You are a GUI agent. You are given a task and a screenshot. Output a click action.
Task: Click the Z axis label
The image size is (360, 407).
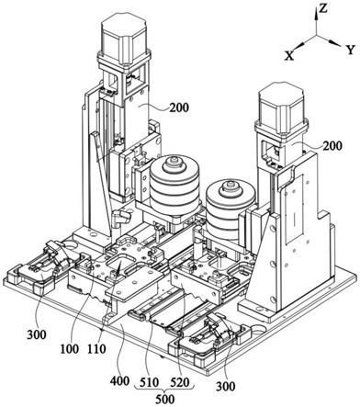pos(322,8)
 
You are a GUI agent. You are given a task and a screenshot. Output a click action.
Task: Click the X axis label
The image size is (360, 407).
pos(289,56)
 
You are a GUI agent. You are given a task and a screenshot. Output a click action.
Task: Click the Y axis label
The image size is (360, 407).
pos(351,50)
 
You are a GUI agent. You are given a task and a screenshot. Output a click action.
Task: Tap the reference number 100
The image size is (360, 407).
pos(69,349)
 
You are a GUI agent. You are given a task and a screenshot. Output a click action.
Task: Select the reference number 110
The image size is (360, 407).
pos(96,349)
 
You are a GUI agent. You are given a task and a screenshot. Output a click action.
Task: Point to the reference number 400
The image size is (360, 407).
pos(120,381)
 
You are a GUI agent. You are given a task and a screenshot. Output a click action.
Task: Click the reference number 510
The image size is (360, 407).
pos(149,382)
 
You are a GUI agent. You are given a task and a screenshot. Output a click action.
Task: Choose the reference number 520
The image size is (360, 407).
pos(180,382)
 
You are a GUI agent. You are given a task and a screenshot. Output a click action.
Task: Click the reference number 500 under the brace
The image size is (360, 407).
pos(165,400)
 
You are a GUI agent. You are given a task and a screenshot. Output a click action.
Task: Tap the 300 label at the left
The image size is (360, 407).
pos(37,334)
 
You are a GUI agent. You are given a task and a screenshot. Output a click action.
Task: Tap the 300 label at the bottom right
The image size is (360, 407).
pos(226,387)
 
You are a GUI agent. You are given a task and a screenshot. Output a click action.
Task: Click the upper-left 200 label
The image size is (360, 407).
pos(179,107)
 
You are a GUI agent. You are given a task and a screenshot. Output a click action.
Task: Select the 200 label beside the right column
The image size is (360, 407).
pos(332,145)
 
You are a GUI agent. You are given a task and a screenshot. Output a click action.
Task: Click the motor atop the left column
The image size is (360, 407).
pos(123,36)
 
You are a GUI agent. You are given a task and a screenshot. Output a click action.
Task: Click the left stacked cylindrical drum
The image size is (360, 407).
pos(174,184)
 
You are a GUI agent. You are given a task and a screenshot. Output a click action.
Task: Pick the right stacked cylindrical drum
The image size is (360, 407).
pos(231,209)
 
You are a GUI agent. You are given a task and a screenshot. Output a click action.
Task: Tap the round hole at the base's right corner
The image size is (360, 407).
pos(259,332)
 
